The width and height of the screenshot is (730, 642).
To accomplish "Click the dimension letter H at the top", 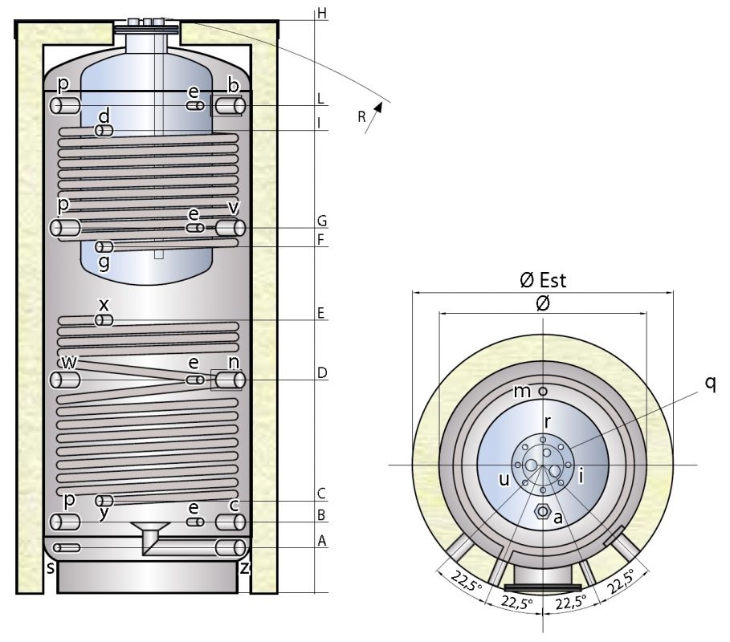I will point(322,14).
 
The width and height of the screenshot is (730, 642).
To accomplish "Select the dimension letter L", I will point(320,100).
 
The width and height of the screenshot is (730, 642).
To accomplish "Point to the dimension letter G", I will point(321,221).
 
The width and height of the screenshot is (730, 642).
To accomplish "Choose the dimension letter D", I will point(321,373).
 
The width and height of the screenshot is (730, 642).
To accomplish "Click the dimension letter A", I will point(322,541).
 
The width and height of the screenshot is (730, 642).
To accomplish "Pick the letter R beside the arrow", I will point(362,117).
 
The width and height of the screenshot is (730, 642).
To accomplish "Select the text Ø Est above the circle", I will point(542,280).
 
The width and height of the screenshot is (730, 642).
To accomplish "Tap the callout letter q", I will point(710,383).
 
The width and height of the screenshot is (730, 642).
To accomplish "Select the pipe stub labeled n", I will point(230,380).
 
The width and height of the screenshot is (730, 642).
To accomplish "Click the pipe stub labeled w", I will point(66,380).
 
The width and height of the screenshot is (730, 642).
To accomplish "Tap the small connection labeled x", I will point(104,320).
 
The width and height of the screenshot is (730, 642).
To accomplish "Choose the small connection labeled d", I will point(104,130).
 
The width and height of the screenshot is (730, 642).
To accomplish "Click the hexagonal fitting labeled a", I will point(543,511).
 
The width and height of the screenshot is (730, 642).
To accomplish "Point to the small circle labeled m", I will point(543,391).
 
